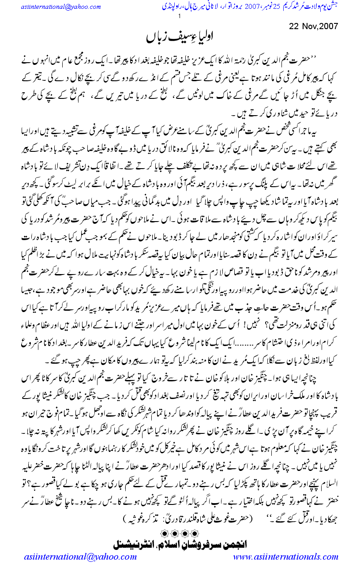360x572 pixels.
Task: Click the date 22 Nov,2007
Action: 314,26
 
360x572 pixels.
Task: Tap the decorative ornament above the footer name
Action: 181,529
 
